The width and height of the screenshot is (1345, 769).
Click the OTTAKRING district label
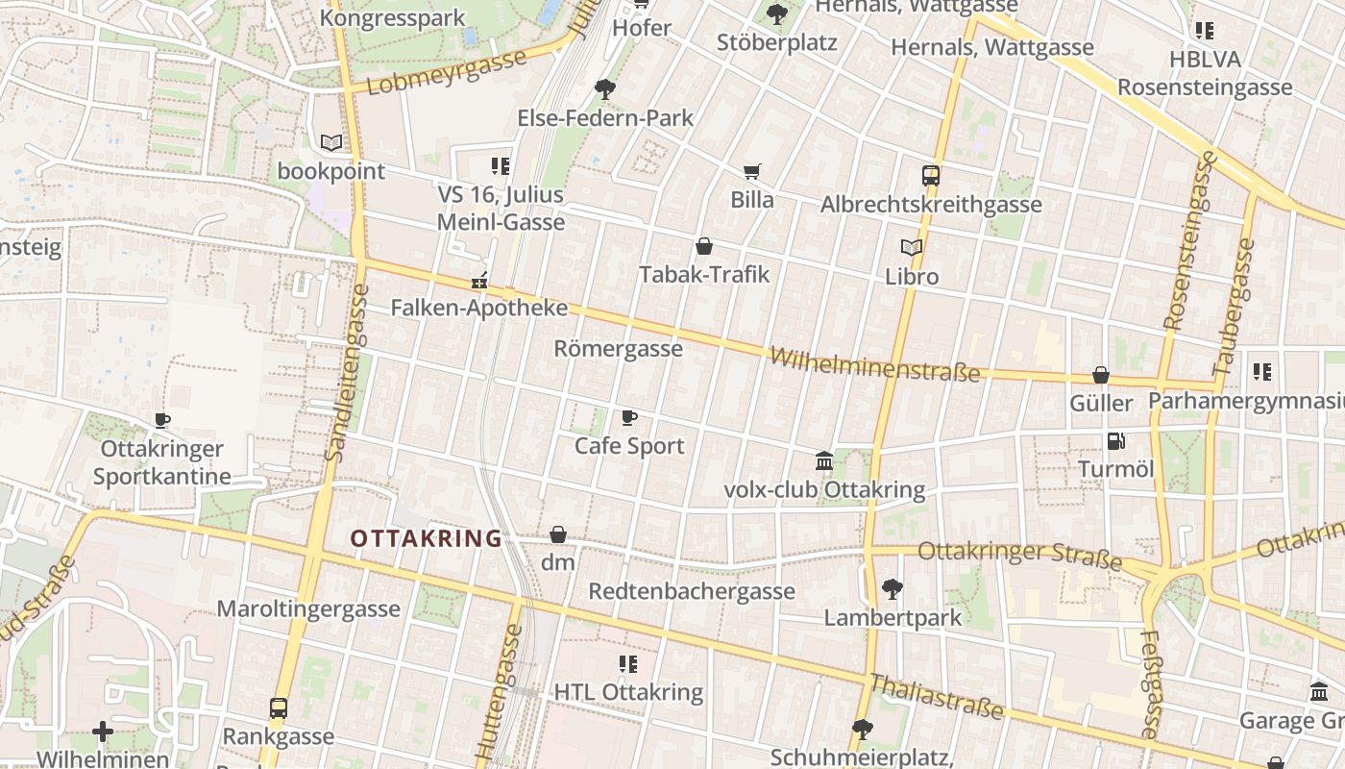pyautogui.click(x=427, y=538)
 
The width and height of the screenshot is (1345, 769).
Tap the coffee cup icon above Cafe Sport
pyautogui.click(x=628, y=417)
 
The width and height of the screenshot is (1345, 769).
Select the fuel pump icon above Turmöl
pyautogui.click(x=1115, y=441)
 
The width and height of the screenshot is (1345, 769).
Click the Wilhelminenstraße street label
pyautogui.click(x=874, y=365)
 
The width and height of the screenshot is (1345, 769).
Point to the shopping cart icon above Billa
pyautogui.click(x=752, y=172)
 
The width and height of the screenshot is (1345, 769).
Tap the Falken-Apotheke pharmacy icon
pyautogui.click(x=478, y=282)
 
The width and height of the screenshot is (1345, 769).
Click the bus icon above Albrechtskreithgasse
pyautogui.click(x=930, y=176)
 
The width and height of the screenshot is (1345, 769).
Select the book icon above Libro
pyautogui.click(x=911, y=248)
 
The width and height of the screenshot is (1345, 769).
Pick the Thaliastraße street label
pyautogui.click(x=937, y=697)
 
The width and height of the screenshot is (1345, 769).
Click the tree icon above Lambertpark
pyautogui.click(x=892, y=588)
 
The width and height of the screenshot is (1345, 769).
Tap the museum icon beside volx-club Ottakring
pyautogui.click(x=824, y=461)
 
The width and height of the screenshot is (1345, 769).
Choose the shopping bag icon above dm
pyautogui.click(x=557, y=534)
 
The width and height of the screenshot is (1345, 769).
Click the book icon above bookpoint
pyautogui.click(x=331, y=143)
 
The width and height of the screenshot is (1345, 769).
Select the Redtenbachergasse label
pyautogui.click(x=692, y=590)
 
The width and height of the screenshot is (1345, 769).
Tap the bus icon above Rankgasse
pyautogui.click(x=279, y=708)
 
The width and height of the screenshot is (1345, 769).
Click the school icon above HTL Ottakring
pyautogui.click(x=628, y=664)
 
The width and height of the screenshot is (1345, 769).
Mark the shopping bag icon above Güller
pyautogui.click(x=1101, y=375)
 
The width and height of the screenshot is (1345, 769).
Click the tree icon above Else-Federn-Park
pyautogui.click(x=605, y=89)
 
